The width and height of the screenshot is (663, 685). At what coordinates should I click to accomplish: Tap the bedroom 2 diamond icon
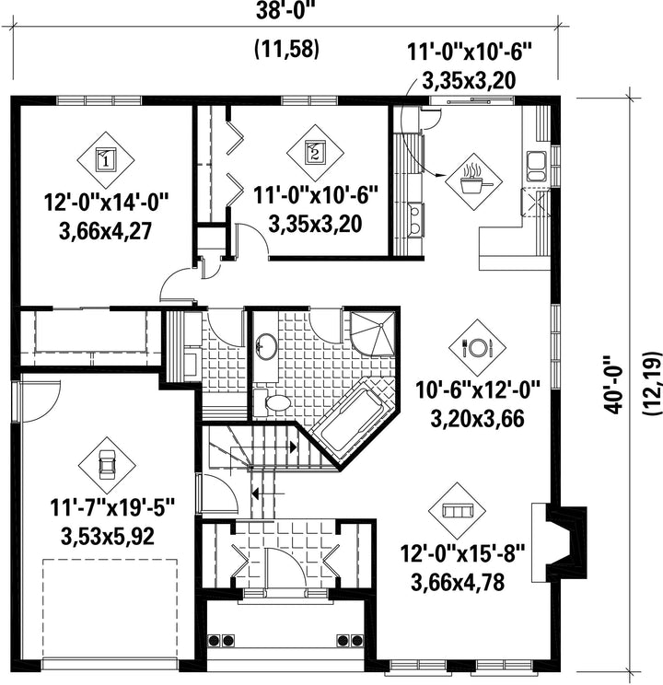(315, 153)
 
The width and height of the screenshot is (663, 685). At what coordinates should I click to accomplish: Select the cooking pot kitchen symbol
(473, 181)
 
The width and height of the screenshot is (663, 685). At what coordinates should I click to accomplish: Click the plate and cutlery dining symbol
(477, 348)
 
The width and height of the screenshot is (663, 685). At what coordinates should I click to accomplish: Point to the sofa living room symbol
(457, 511)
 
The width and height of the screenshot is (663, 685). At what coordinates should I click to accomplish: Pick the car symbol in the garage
(106, 466)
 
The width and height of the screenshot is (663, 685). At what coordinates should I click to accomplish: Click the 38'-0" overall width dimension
(285, 11)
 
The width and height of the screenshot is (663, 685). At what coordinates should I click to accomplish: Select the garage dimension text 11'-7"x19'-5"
(112, 509)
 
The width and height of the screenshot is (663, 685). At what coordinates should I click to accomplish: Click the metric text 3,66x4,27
(105, 231)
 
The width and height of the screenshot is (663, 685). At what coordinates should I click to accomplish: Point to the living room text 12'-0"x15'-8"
(463, 555)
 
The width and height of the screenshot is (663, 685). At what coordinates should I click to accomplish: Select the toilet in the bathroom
(272, 402)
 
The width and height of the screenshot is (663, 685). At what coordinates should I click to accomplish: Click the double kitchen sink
(536, 166)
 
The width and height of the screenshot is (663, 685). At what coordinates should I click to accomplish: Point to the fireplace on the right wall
(560, 542)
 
